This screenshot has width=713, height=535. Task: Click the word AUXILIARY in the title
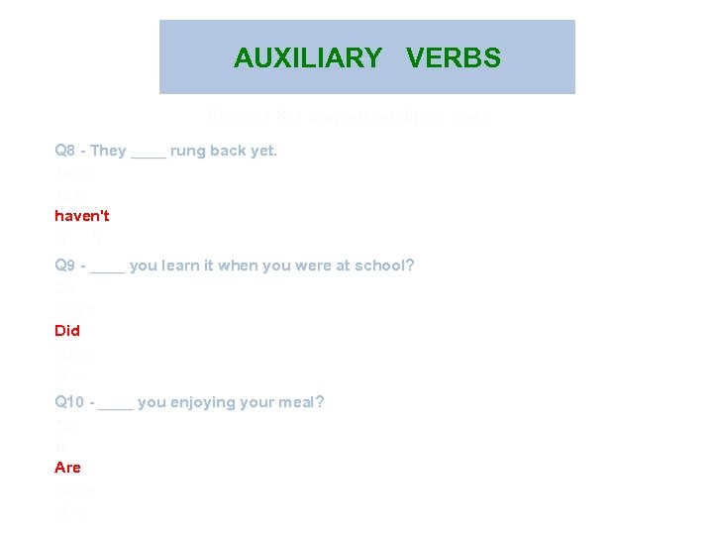click(x=307, y=58)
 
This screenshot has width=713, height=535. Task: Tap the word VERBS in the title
click(x=454, y=58)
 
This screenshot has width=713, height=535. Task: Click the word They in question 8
click(x=109, y=152)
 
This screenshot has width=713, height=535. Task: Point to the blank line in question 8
click(x=149, y=154)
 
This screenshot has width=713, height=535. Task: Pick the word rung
click(x=188, y=152)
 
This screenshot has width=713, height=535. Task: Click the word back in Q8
click(x=230, y=152)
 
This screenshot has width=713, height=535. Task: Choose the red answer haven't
click(x=82, y=215)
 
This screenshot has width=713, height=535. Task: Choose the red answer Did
click(x=67, y=330)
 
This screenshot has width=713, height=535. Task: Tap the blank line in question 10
click(x=117, y=404)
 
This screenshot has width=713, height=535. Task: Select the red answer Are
click(x=67, y=467)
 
